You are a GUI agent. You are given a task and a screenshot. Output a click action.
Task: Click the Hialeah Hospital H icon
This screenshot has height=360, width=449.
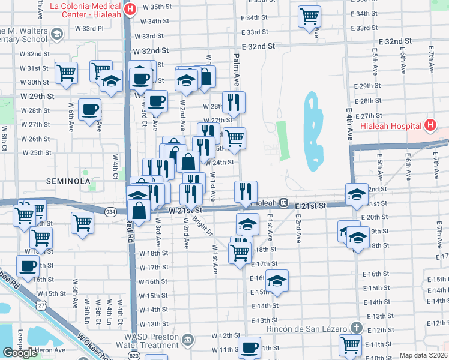point(430,125)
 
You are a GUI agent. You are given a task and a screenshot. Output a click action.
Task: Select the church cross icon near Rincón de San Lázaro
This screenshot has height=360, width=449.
point(357,328)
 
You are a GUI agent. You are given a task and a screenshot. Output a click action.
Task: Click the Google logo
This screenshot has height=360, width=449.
point(20,352)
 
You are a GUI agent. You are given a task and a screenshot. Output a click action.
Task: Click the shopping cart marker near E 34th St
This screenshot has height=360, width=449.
point(309,16)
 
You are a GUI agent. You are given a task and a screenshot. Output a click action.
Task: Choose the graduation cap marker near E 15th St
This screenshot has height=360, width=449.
point(277,280)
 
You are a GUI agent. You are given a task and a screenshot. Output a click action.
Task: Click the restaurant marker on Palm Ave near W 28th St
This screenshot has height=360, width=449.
point(234,102)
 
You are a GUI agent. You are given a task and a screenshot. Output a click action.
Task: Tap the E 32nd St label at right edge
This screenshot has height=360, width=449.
point(396,41)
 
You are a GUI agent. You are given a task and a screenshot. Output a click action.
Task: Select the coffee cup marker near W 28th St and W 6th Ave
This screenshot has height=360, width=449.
point(89,109)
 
